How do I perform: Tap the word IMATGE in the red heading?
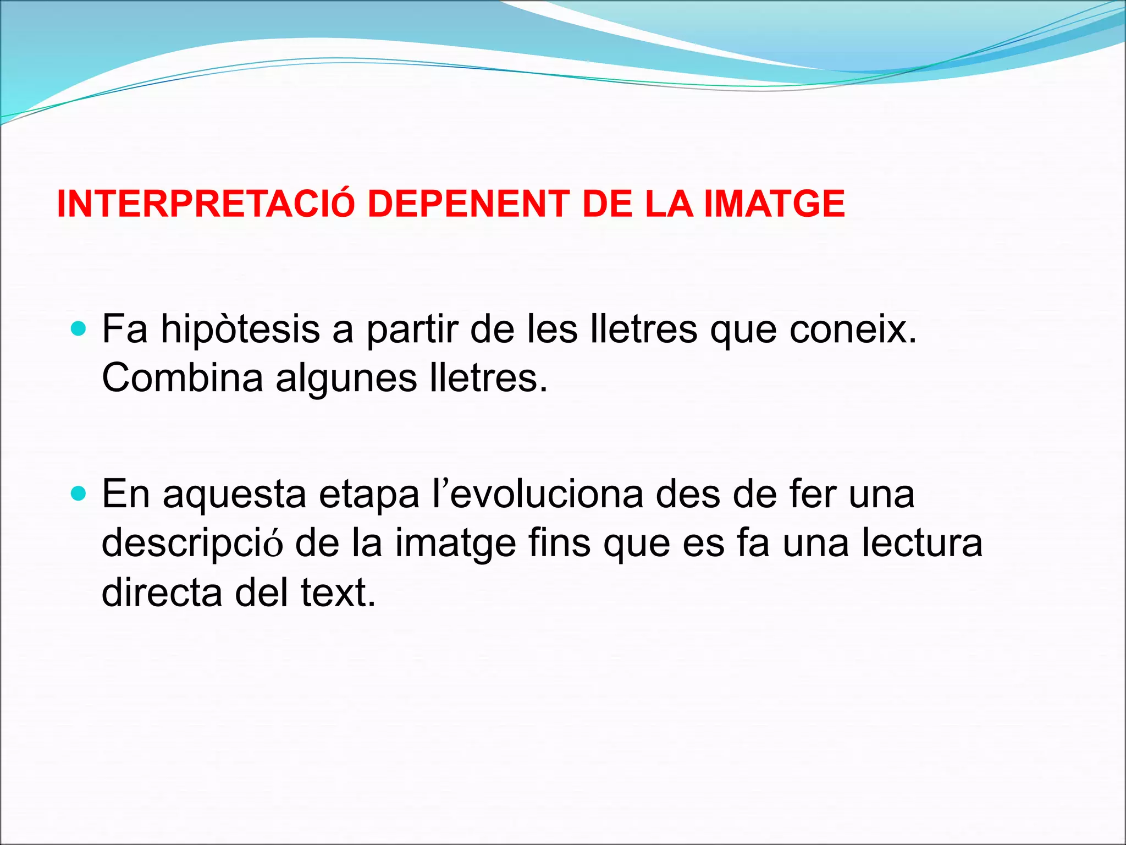click(774, 204)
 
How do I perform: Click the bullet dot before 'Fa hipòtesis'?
click(79, 330)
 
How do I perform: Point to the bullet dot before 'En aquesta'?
click(79, 493)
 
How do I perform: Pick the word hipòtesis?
click(240, 330)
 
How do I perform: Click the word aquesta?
click(234, 493)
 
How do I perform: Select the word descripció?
click(192, 543)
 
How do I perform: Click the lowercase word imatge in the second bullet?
click(456, 543)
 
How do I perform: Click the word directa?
click(162, 592)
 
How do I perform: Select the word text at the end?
click(338, 592)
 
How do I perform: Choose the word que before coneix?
click(744, 330)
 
